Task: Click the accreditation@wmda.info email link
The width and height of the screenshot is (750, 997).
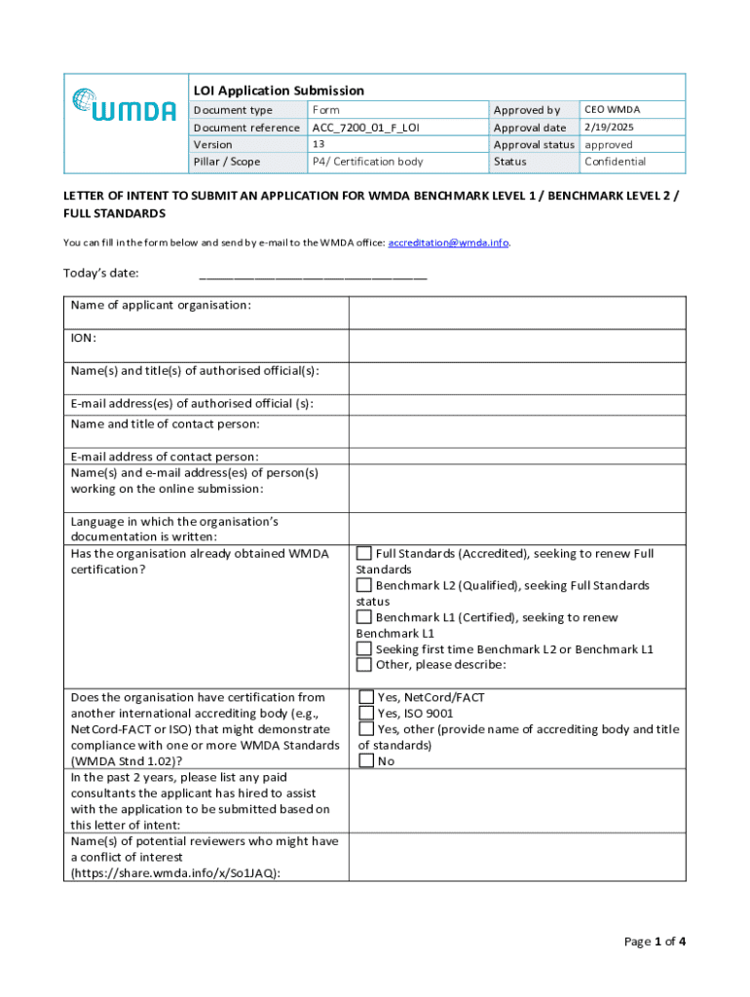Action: click(x=448, y=242)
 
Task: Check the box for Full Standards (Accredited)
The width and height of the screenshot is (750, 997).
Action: click(x=364, y=554)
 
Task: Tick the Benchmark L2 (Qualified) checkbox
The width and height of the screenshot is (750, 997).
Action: click(x=364, y=586)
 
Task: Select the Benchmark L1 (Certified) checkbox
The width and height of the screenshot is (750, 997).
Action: click(x=364, y=618)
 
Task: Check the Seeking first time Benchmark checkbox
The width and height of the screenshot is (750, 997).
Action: click(x=364, y=649)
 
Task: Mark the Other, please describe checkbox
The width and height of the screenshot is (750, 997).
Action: click(x=364, y=665)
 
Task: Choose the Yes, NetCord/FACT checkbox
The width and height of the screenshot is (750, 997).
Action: click(x=366, y=697)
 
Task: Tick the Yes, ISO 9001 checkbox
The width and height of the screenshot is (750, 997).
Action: click(x=366, y=713)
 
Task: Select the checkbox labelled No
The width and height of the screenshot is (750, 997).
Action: click(x=366, y=760)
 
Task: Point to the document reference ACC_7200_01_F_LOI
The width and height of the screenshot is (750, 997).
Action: click(x=365, y=128)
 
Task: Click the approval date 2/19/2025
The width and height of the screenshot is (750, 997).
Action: click(x=608, y=128)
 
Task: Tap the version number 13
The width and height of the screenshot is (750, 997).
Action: click(x=318, y=144)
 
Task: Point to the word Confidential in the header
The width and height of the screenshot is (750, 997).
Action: click(x=615, y=162)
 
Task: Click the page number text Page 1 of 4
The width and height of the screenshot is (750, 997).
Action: click(x=655, y=942)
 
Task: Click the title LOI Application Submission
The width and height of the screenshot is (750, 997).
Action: click(x=278, y=91)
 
